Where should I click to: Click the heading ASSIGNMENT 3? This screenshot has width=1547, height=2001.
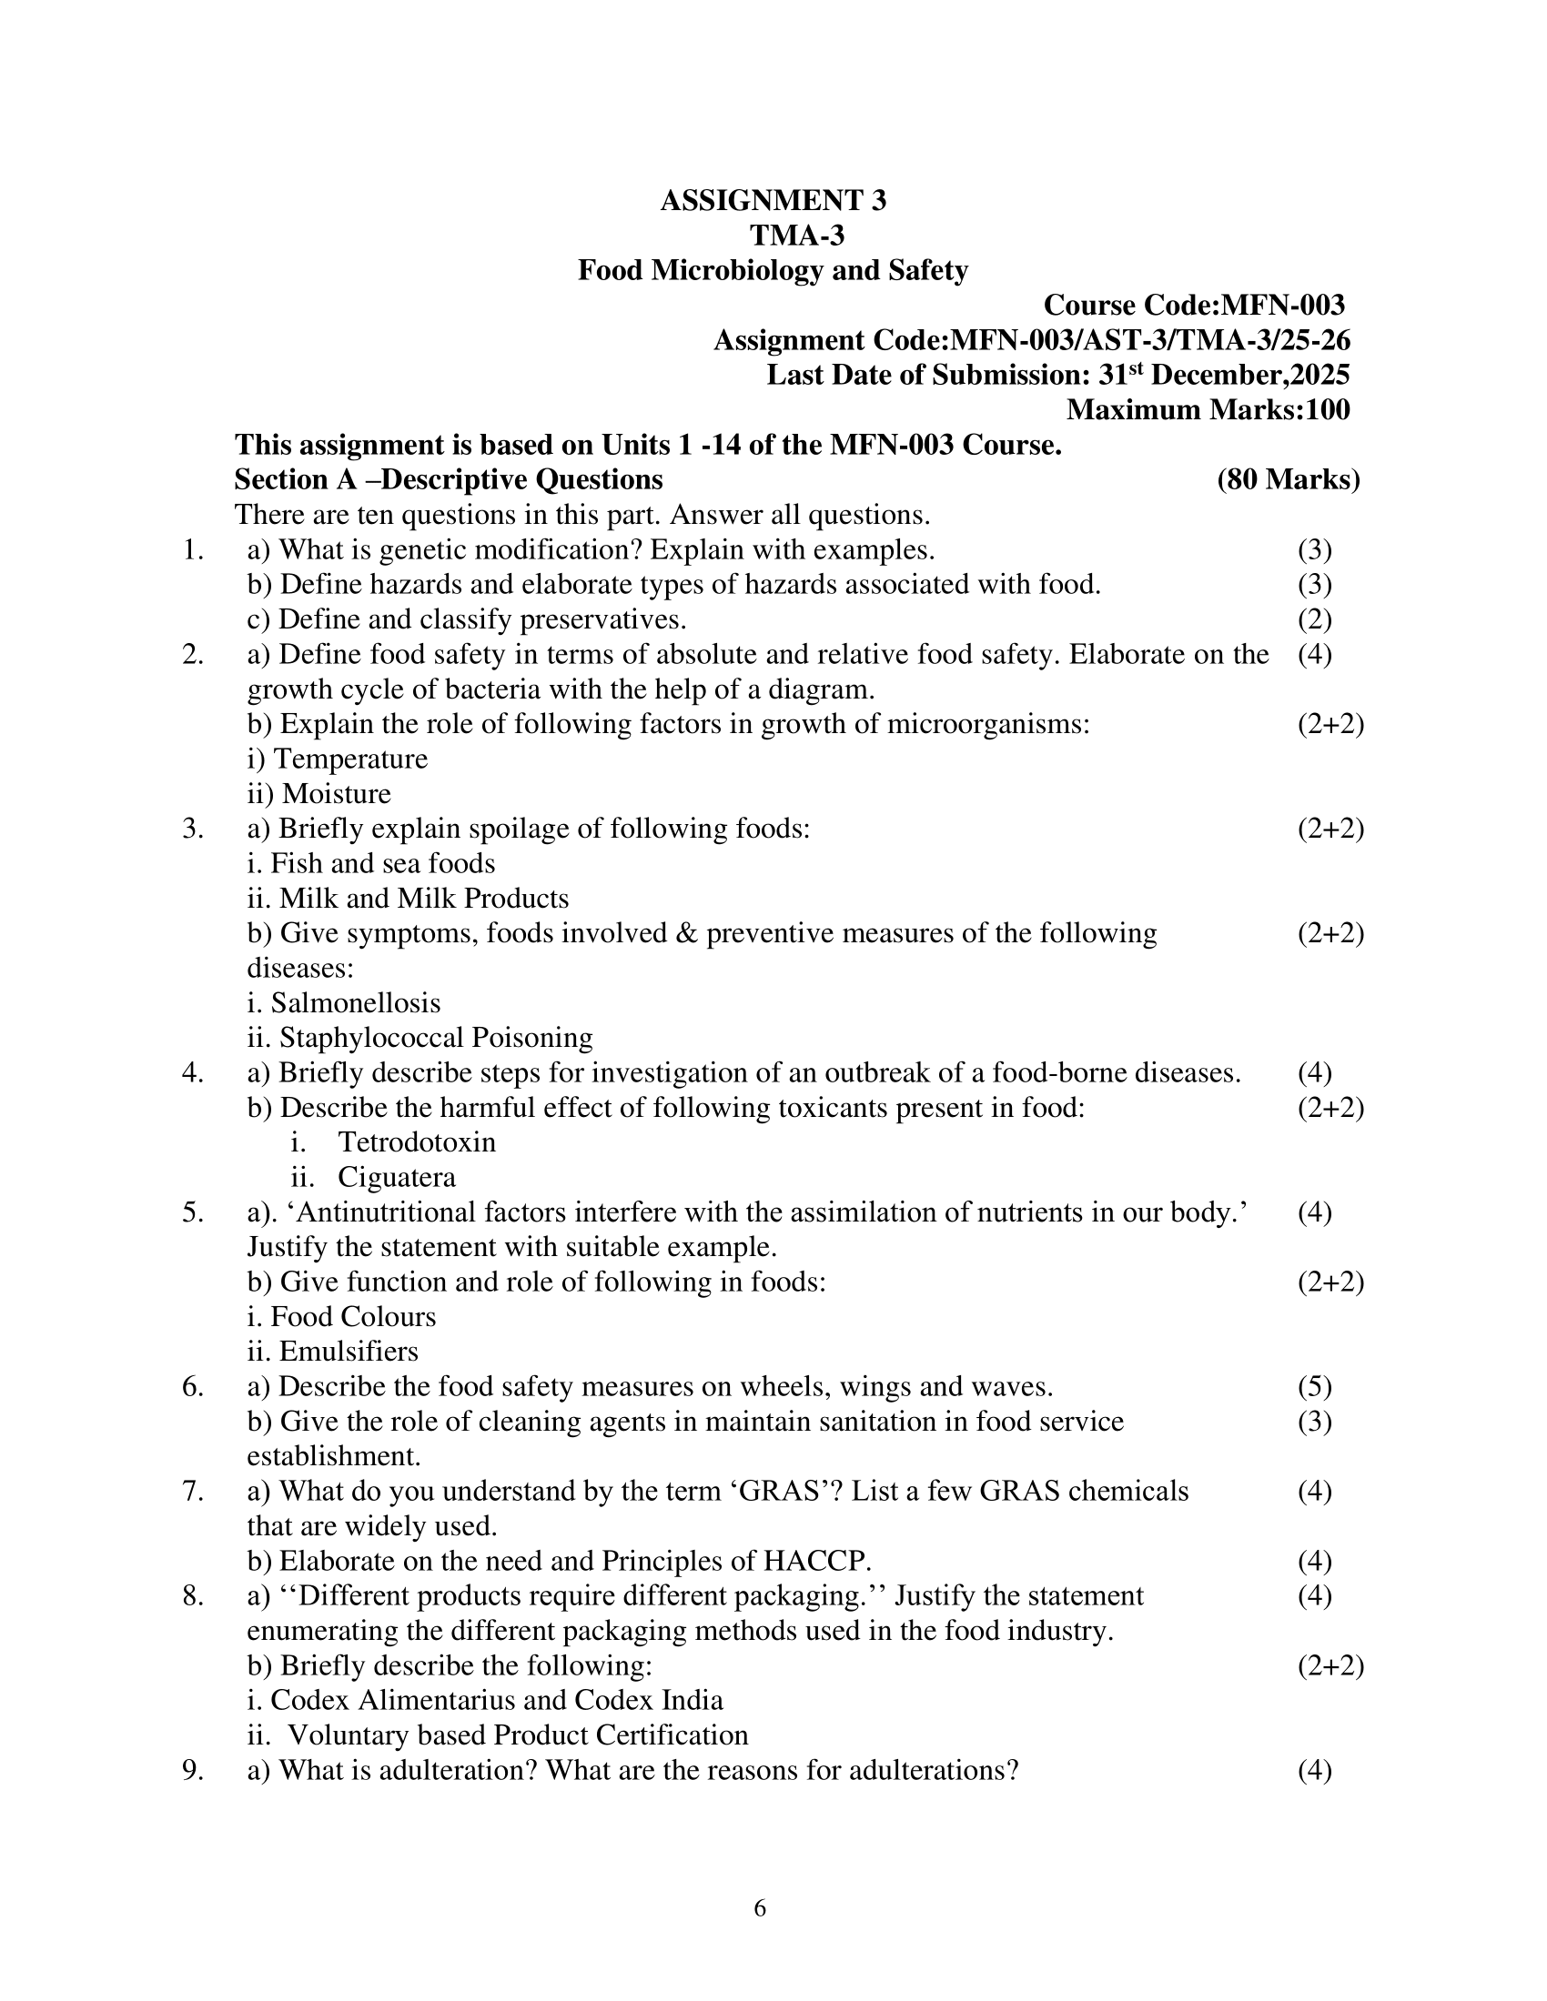pyautogui.click(x=773, y=201)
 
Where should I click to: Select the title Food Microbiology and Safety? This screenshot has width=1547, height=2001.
pyautogui.click(x=773, y=270)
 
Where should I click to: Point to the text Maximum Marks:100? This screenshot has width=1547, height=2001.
pyautogui.click(x=1207, y=409)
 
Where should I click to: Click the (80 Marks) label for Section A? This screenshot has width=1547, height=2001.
pyautogui.click(x=1288, y=479)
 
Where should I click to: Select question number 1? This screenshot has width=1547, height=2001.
pyautogui.click(x=192, y=549)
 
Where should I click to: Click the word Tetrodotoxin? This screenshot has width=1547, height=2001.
pyautogui.click(x=416, y=1142)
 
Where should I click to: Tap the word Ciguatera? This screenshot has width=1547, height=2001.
pyautogui.click(x=396, y=1177)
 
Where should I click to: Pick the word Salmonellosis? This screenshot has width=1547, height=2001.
pyautogui.click(x=356, y=1003)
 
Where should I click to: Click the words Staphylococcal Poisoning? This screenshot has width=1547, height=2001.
pyautogui.click(x=435, y=1038)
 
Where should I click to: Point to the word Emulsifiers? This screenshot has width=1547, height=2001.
pyautogui.click(x=349, y=1352)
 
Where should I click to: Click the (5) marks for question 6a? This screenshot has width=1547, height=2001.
pyautogui.click(x=1314, y=1386)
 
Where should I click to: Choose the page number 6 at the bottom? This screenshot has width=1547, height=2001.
pyautogui.click(x=760, y=1908)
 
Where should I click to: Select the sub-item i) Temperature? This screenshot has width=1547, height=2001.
pyautogui.click(x=338, y=759)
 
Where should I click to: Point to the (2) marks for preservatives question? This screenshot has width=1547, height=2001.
pyautogui.click(x=1314, y=619)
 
